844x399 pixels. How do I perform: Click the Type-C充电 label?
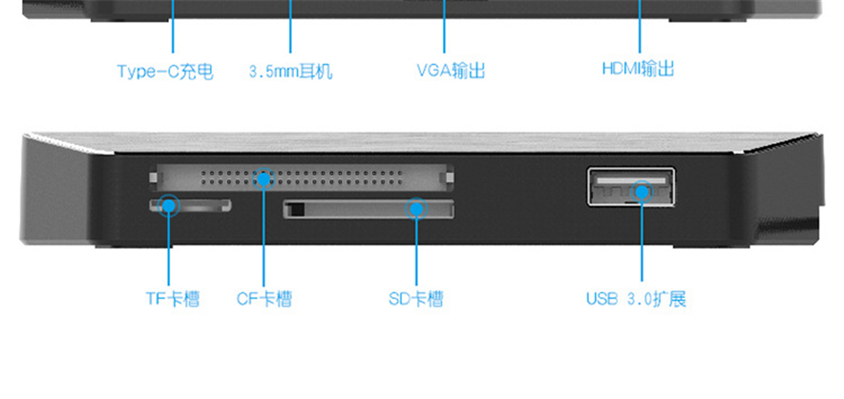point(165,72)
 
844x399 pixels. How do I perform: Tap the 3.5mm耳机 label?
point(290,72)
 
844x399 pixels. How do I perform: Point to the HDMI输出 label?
point(638,69)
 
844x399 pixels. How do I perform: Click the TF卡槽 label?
point(171,299)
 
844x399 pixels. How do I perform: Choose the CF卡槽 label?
point(264,299)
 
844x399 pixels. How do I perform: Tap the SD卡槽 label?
point(415,299)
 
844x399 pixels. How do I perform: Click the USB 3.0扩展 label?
point(635,299)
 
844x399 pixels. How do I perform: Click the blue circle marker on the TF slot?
point(169,205)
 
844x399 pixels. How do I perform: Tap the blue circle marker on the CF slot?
point(264,179)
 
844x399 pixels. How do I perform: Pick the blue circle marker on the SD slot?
point(416,207)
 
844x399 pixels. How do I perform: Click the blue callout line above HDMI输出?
point(639,30)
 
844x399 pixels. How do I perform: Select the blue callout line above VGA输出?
point(445,30)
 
